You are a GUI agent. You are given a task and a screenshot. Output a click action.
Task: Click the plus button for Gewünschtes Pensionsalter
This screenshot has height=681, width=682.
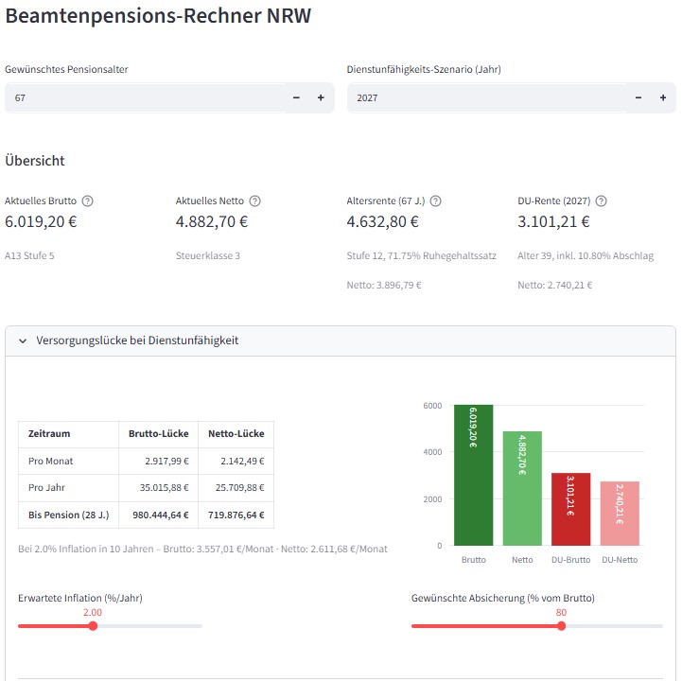pos(320,97)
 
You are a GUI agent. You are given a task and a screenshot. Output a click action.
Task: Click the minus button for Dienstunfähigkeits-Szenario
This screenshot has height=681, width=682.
pos(638,97)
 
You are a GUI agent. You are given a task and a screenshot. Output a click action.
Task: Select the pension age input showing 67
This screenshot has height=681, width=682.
pos(142,97)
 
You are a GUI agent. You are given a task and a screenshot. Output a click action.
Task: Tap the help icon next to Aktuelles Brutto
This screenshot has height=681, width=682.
pos(88,201)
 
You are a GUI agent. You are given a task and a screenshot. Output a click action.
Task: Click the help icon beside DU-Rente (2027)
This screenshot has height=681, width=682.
pos(601,201)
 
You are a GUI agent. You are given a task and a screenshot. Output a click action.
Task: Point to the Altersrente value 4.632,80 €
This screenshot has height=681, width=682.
pos(383,222)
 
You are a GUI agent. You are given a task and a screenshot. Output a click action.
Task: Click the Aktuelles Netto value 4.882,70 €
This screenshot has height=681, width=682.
pos(212,222)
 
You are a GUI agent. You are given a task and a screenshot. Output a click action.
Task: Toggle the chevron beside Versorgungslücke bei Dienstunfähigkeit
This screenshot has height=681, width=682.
pos(24,340)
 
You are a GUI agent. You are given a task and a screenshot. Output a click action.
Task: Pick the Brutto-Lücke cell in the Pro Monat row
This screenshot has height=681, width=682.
pos(158,461)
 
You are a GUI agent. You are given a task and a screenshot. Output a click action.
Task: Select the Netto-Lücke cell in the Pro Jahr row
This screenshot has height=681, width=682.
pos(236,488)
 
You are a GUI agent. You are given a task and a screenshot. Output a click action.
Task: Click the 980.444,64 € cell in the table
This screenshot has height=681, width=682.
pos(158,515)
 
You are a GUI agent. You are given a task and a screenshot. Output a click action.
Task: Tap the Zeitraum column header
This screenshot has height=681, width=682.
pos(49,434)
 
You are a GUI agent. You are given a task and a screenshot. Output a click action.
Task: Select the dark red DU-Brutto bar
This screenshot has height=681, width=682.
pos(570,510)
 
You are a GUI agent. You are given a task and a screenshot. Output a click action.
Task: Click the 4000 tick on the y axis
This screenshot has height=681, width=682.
pos(432,452)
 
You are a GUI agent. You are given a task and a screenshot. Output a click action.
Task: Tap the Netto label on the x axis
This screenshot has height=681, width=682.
pos(522,560)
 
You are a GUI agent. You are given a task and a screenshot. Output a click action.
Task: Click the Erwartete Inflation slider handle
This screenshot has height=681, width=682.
pos(93,625)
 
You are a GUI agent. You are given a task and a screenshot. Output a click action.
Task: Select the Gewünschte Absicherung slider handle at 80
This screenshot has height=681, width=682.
pos(561,625)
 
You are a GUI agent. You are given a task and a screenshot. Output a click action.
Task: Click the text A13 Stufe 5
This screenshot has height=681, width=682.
pos(29,255)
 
